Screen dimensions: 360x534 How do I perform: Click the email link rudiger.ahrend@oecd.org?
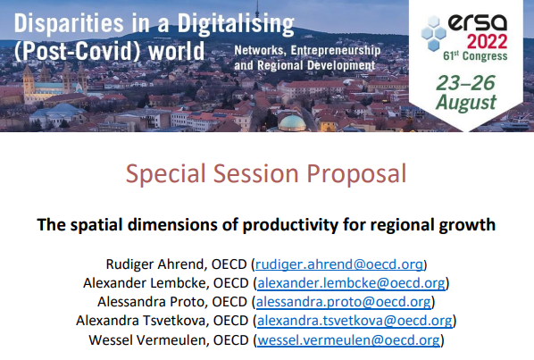click(340, 264)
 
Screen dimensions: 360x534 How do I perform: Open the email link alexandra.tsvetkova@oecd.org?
click(355, 321)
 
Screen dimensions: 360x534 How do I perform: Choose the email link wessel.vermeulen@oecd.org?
click(347, 339)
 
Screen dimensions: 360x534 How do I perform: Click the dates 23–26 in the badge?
click(466, 83)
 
